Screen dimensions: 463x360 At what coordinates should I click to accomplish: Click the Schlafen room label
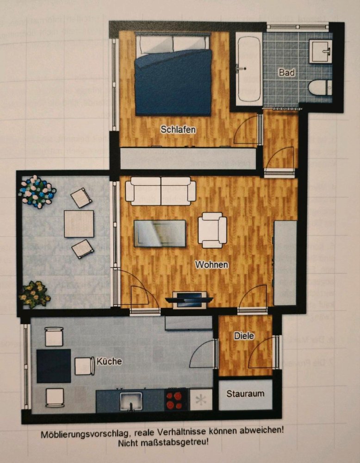(178, 130)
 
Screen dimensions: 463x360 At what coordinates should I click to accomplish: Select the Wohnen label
(211, 265)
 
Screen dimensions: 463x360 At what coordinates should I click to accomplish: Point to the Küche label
(109, 361)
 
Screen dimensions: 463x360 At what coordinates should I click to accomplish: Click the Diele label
(244, 336)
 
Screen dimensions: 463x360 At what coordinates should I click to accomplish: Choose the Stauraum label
(245, 394)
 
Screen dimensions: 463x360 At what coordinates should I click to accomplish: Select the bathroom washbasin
(320, 51)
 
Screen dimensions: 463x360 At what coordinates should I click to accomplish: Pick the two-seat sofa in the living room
(161, 191)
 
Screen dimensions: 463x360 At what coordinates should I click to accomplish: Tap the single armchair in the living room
(212, 230)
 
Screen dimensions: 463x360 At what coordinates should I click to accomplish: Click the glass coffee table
(160, 233)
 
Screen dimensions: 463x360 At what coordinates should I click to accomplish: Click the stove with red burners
(177, 400)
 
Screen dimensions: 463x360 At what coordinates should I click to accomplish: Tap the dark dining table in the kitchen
(54, 366)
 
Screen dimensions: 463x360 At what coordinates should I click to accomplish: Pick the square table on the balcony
(79, 224)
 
